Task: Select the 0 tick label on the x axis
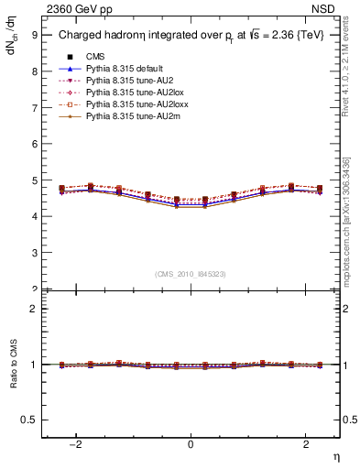tap(191, 445)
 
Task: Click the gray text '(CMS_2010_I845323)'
tap(191, 273)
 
